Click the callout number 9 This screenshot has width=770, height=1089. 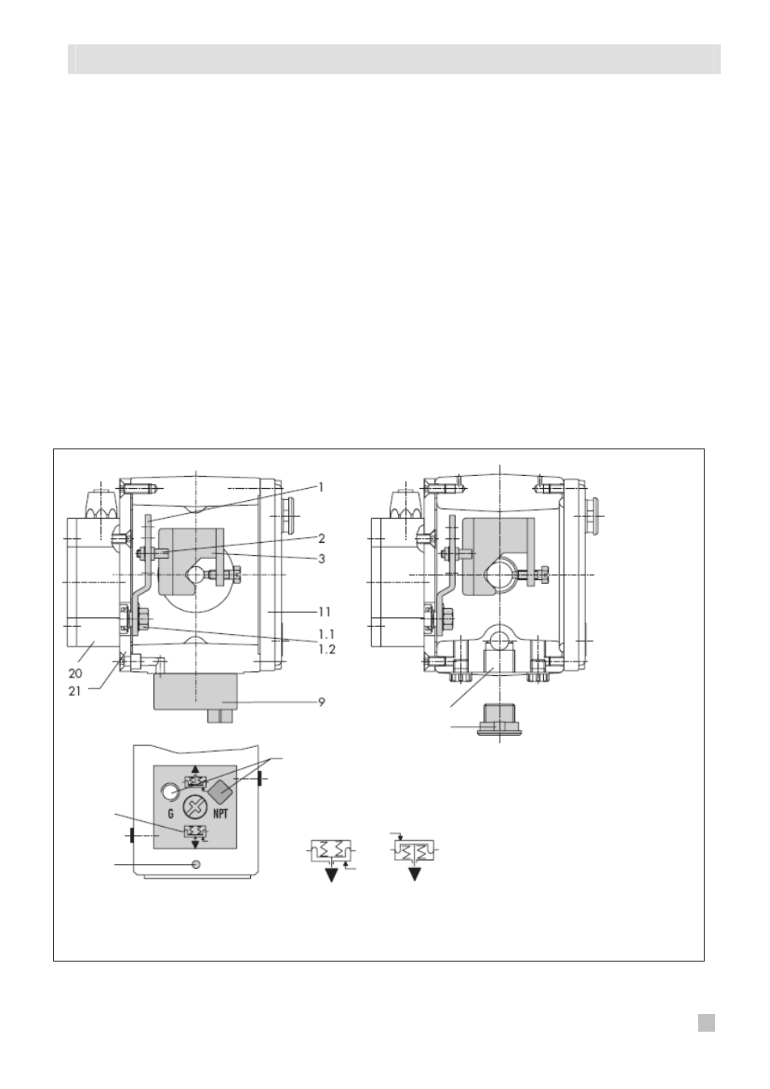(x=321, y=702)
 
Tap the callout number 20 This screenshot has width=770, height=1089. (x=75, y=674)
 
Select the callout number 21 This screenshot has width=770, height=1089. (x=74, y=691)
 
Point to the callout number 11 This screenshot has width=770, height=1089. (x=325, y=612)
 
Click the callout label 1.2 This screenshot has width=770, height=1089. (x=327, y=649)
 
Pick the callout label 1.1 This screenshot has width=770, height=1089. (x=326, y=634)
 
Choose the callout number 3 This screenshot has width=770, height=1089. (x=321, y=559)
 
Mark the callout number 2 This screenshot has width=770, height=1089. (x=321, y=539)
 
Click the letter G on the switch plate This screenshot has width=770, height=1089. (x=170, y=814)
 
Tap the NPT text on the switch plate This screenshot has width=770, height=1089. (x=220, y=814)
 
